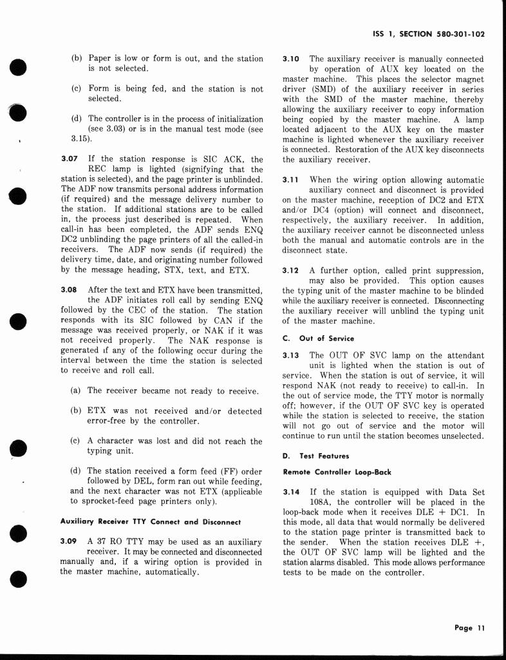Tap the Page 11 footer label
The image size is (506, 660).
point(469,628)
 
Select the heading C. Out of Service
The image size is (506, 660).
point(318,338)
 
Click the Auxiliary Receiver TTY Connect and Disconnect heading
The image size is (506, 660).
point(150,521)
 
